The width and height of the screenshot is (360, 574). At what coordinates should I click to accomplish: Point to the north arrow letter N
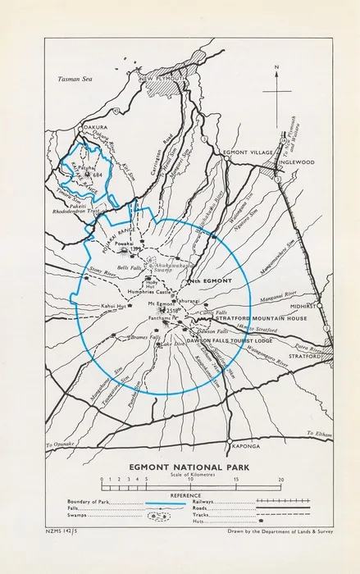click(x=278, y=68)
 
